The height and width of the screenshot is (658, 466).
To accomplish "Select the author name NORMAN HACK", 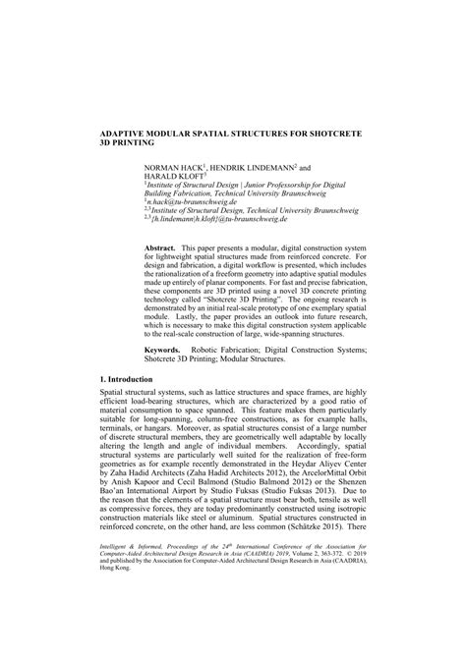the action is tap(173, 168).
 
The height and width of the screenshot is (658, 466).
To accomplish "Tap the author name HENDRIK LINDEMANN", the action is tap(251, 168).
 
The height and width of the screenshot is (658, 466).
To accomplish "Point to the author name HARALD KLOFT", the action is tap(174, 177).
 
